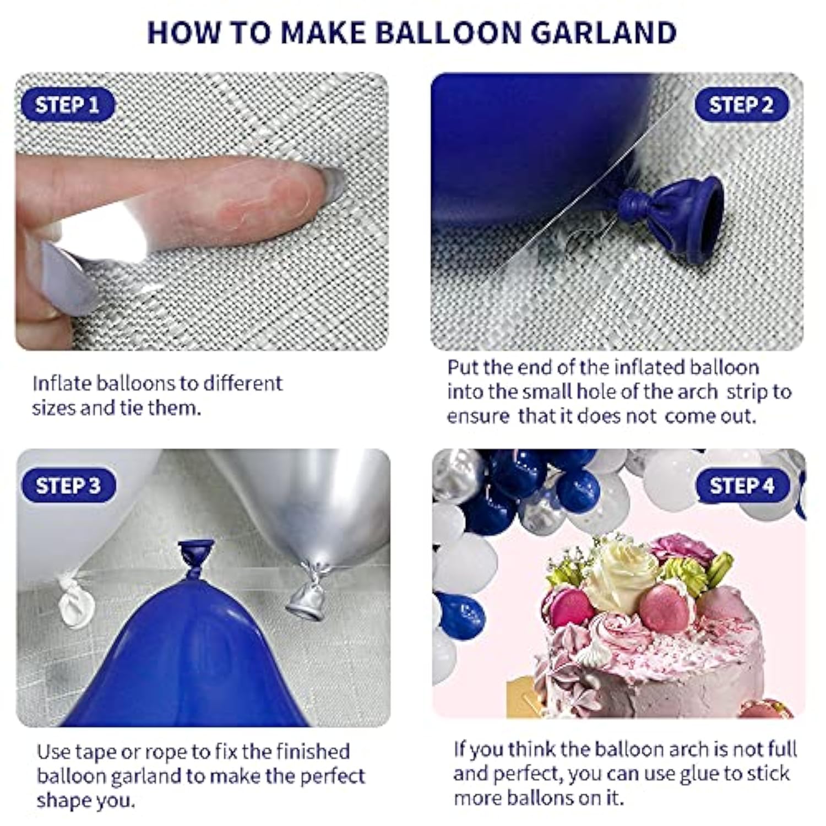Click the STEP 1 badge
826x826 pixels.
[67, 105]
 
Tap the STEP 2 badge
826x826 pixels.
[741, 105]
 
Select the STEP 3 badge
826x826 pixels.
[68, 486]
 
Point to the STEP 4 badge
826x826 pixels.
[742, 486]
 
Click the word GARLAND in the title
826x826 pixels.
[604, 33]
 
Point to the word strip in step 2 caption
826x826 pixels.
[747, 392]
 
